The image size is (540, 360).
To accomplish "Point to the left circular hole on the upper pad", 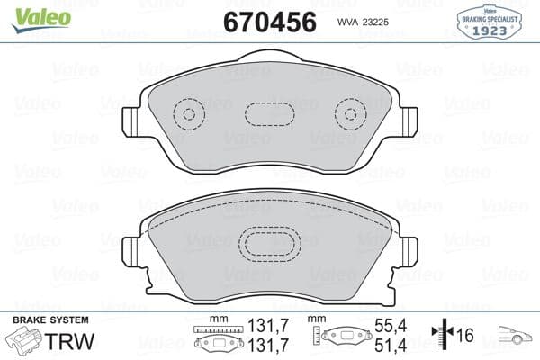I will click(188, 114).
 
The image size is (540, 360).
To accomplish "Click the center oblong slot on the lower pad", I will click(270, 245).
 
